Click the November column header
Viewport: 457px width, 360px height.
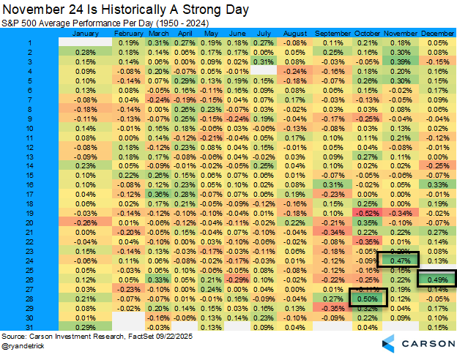(401, 34)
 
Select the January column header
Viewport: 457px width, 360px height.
(86, 34)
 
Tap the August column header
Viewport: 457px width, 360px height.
(294, 34)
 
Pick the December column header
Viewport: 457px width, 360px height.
(437, 34)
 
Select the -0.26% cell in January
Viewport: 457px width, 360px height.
(86, 222)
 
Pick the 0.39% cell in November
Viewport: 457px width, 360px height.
(400, 62)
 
